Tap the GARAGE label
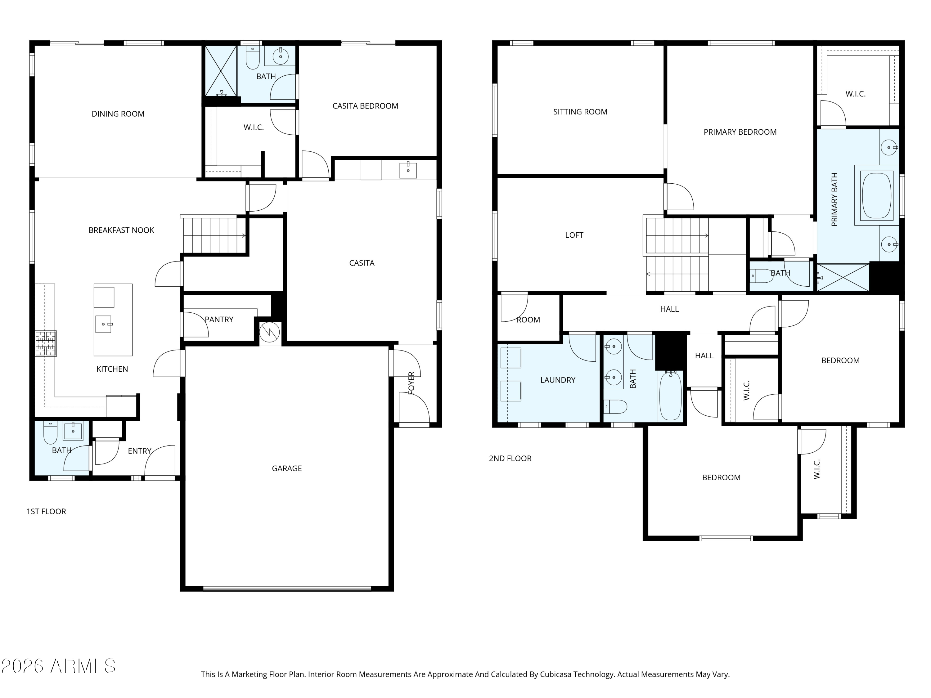(x=287, y=468)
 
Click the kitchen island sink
(x=104, y=324)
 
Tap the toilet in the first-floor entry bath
(x=51, y=433)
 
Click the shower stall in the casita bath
(x=221, y=71)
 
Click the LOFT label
(x=574, y=235)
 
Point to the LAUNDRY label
(x=558, y=380)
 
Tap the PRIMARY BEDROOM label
(x=740, y=132)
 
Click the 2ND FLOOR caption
(x=510, y=459)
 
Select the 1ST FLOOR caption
(x=46, y=512)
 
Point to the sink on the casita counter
(x=408, y=170)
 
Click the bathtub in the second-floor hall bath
(x=670, y=396)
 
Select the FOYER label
(x=411, y=383)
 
